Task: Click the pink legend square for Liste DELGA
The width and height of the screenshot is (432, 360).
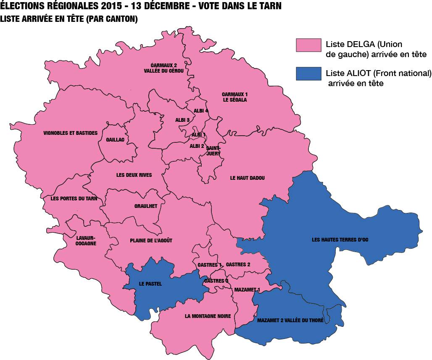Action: click(x=309, y=45)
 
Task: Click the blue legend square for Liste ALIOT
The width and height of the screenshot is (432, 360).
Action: click(x=309, y=74)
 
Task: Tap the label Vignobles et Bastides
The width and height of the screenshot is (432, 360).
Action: click(x=70, y=133)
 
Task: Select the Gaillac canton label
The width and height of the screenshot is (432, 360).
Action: click(x=115, y=140)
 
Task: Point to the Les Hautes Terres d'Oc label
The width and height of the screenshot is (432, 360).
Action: click(x=340, y=239)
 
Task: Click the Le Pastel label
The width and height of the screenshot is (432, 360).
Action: click(x=150, y=284)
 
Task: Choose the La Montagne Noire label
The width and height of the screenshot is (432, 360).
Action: click(x=208, y=316)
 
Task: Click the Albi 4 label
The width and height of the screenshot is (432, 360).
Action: click(x=201, y=111)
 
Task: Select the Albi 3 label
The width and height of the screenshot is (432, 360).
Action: click(x=182, y=120)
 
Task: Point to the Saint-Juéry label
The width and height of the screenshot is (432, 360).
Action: click(x=213, y=151)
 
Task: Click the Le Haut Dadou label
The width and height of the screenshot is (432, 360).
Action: click(x=248, y=178)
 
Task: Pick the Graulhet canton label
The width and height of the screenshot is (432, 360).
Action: click(x=146, y=206)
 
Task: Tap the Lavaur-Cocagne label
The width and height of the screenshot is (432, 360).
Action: click(x=86, y=241)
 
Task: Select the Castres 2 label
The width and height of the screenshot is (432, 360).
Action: click(x=238, y=265)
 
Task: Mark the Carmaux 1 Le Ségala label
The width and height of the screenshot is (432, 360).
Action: click(x=234, y=97)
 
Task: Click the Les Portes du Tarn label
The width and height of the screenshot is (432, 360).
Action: click(x=74, y=199)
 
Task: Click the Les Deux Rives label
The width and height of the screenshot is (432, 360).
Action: click(x=134, y=175)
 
